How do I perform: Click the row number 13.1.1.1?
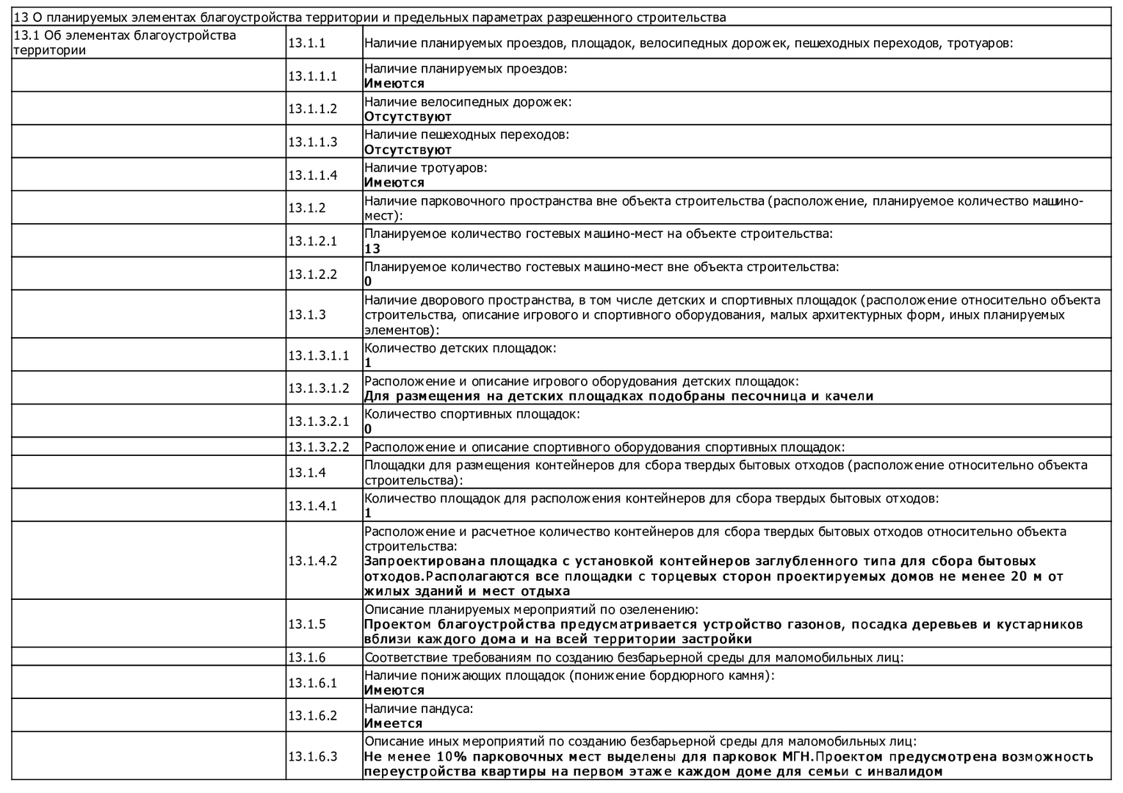[312, 76]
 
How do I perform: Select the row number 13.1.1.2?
[312, 109]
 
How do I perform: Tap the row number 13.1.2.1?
[312, 241]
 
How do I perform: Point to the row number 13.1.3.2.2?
[318, 446]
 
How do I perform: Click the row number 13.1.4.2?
[312, 560]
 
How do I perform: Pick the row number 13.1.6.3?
[312, 756]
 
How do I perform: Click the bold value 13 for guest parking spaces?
[372, 249]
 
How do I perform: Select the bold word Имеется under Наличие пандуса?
[394, 723]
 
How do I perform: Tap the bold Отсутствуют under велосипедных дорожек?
[408, 117]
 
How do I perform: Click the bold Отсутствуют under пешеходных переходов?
[408, 150]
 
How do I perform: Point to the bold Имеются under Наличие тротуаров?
[394, 183]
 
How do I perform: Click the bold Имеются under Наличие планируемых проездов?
[394, 84]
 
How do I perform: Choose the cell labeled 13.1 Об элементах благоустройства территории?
[125, 43]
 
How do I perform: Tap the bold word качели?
[851, 396]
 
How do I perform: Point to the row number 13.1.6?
[306, 657]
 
